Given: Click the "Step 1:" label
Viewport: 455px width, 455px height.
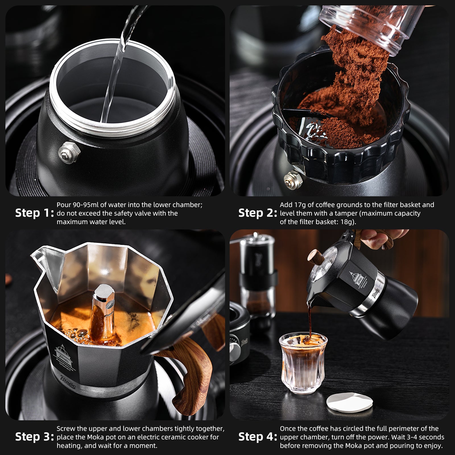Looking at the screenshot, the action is [34, 213].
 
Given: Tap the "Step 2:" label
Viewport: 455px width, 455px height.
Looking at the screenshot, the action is [258, 213].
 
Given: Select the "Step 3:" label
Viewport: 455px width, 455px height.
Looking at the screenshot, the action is [34, 437].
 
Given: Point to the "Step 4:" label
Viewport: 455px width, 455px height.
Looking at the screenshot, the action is [258, 437].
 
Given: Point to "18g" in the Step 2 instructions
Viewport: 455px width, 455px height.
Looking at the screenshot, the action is [347, 222].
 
